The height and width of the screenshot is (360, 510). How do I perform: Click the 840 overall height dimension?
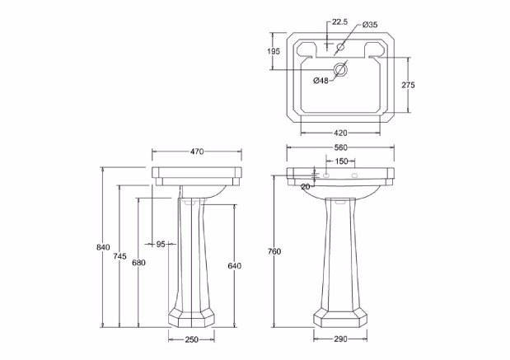coord(103,247)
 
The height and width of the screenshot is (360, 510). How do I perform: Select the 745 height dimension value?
coord(119,256)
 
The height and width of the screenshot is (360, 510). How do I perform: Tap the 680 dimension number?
coord(138,263)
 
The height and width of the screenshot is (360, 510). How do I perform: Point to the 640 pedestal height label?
coord(235,266)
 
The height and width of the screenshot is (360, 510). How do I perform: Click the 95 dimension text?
coord(161,244)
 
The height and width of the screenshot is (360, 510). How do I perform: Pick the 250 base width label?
coord(192,339)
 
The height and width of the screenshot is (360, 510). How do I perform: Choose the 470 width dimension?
coord(197,152)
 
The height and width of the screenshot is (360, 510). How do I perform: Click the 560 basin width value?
coord(341,147)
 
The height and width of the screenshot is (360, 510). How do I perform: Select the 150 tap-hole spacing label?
coord(341,161)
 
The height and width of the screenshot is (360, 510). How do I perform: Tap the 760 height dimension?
coord(274,251)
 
